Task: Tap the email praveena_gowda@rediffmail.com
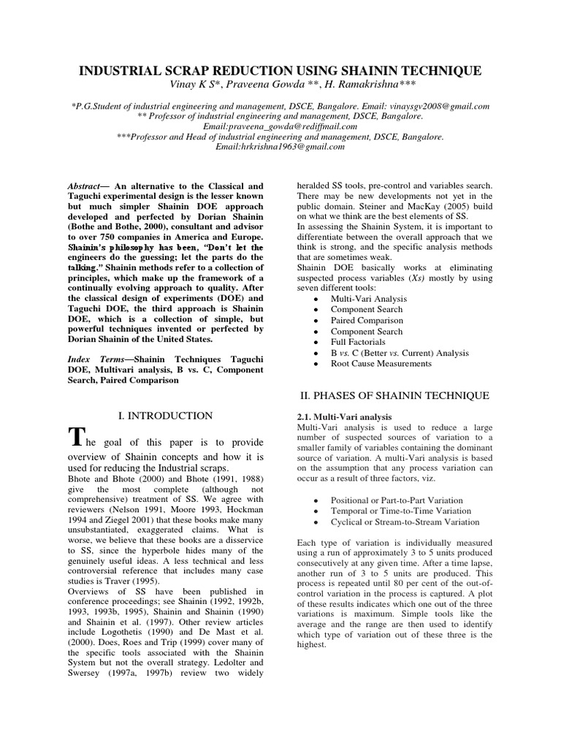pos(280,126)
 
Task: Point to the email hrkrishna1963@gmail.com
pos(280,147)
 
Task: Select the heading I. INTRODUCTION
pos(165,416)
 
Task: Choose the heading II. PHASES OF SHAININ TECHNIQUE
pos(395,395)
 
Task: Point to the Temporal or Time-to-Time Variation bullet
pos(401,511)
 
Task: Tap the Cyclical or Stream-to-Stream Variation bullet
pos(405,522)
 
